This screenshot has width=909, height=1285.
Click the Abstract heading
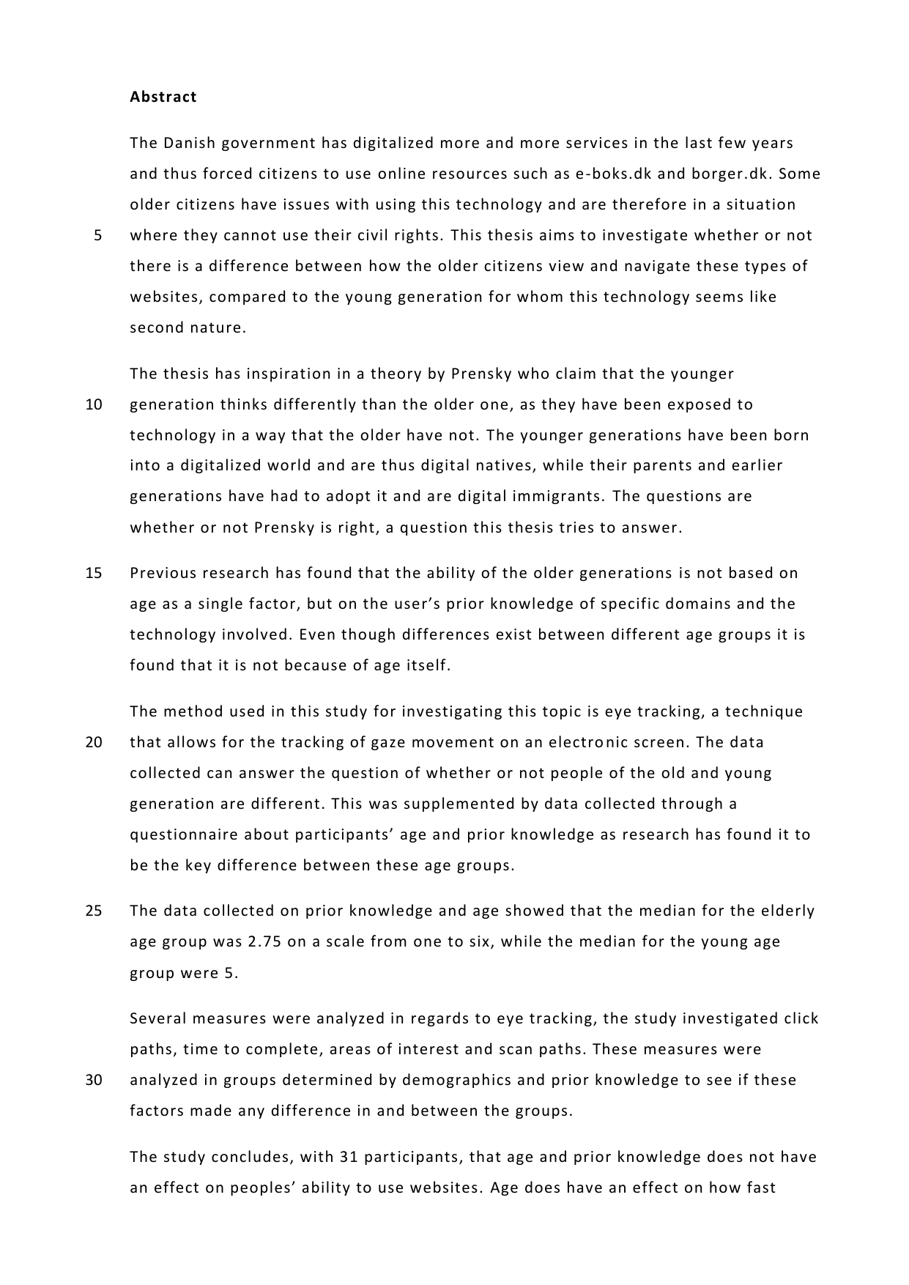coord(163,97)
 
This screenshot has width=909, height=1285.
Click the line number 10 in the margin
coord(94,404)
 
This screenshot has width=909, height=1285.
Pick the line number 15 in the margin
coord(94,573)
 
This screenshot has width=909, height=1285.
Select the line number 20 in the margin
coord(94,742)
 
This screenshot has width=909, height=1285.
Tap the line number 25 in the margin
coord(94,911)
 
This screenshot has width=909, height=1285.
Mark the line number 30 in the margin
coord(94,1080)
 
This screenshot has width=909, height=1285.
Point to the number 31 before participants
coord(348,1157)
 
